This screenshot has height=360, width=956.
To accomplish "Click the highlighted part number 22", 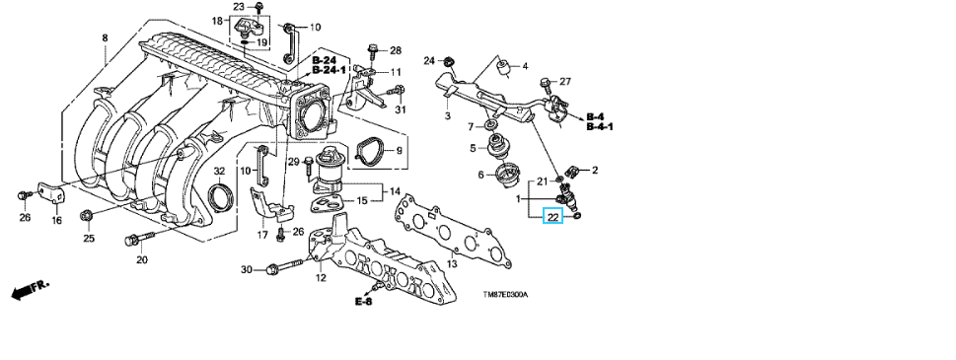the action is tap(553, 216).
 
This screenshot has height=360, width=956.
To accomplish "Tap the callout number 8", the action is tap(105, 37).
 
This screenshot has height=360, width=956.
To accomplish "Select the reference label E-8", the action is tap(363, 301).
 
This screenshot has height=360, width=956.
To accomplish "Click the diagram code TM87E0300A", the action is tap(505, 295).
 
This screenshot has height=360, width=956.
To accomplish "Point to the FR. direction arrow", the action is tap(30, 290).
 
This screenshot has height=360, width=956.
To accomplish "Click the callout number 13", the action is tap(452, 264).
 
